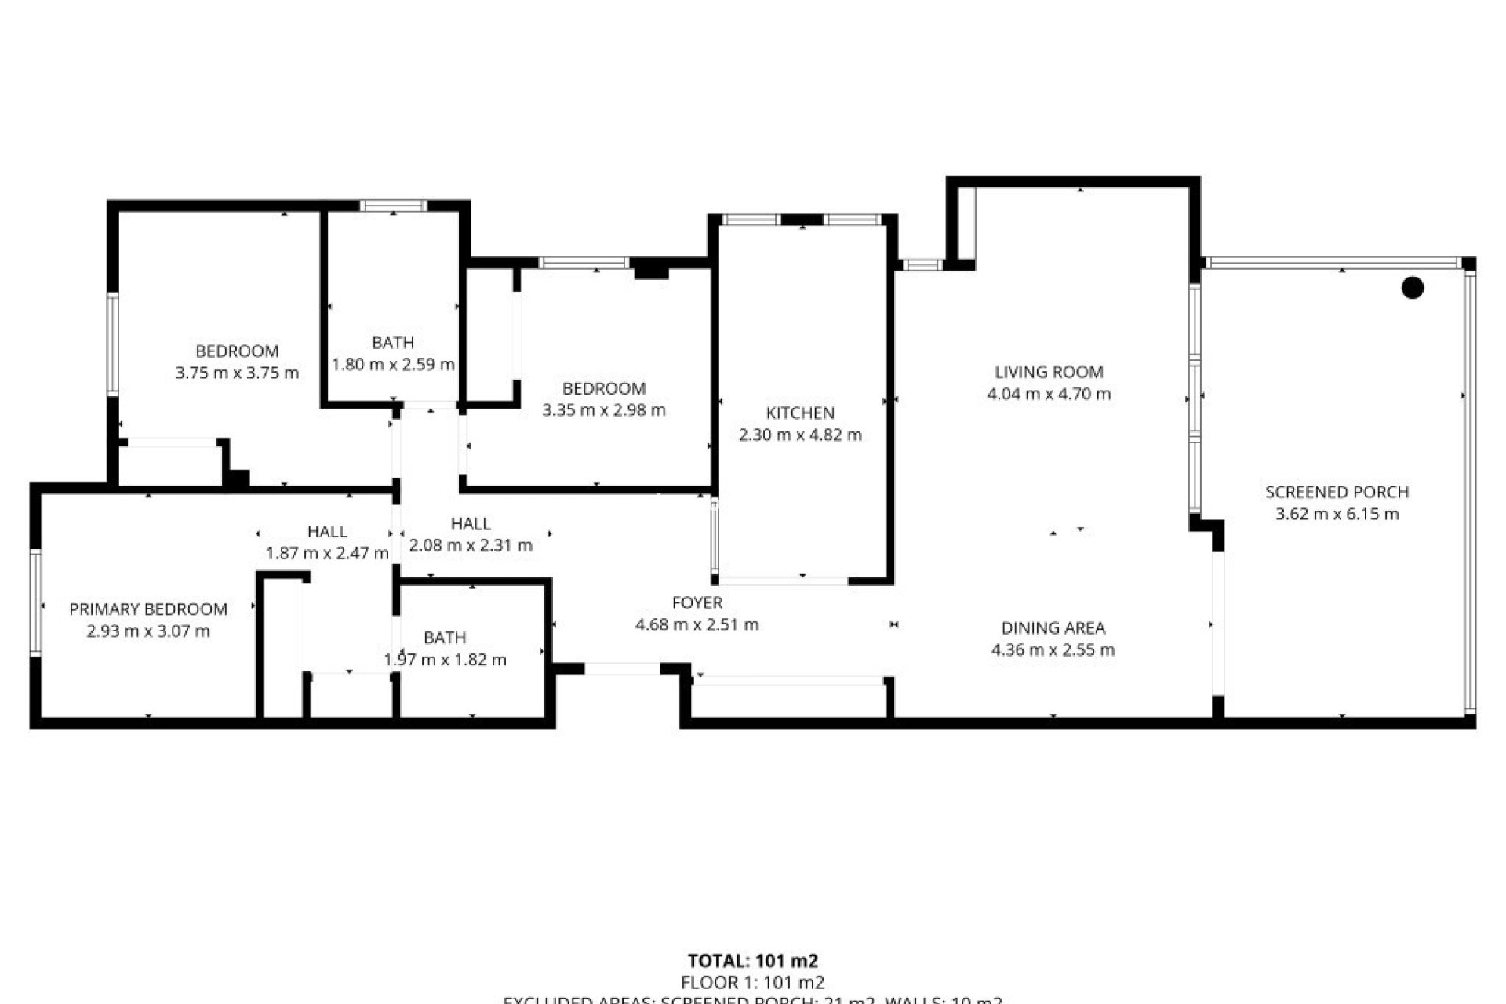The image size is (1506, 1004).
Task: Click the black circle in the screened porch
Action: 1413,289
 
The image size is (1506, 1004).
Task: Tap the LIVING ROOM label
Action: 1049,372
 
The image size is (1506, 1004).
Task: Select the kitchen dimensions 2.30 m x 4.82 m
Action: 800,435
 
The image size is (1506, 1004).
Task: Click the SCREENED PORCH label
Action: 1337,492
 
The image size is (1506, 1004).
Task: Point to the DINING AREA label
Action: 1053,627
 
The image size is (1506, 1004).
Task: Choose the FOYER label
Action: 697,602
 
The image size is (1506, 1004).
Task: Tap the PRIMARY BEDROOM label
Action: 148,609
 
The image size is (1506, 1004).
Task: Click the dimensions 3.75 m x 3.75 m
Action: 237,373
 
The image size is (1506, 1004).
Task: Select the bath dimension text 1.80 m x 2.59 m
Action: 393,365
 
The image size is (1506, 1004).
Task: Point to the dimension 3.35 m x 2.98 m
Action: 604,409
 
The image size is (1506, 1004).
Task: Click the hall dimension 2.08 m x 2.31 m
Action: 471,545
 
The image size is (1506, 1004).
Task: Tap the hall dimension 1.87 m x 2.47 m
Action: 327,553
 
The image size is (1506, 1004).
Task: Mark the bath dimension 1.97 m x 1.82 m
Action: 445,660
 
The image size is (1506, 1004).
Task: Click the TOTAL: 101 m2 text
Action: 752,961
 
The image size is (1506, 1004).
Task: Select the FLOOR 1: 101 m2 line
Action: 752,982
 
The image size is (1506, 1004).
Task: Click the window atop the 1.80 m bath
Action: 394,206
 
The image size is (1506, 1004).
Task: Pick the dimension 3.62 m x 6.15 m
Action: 1337,514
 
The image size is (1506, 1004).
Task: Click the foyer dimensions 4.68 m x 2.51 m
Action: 697,624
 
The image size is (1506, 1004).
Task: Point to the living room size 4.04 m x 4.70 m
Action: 1049,394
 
